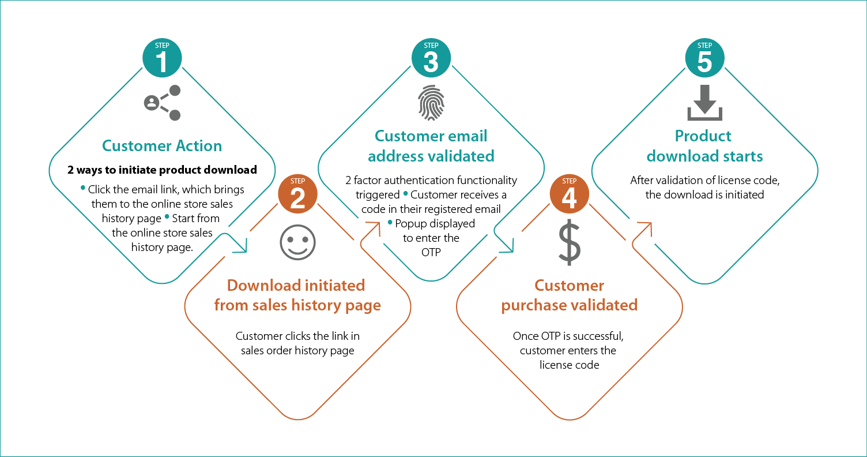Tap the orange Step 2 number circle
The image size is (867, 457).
(x=297, y=196)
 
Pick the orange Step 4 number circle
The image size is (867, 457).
(x=569, y=196)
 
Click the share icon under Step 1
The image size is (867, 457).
(x=162, y=103)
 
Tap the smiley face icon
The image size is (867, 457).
(x=297, y=243)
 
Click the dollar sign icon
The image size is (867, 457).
(x=569, y=242)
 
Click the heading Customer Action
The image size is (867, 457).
(x=162, y=146)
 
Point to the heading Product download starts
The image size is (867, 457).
(x=704, y=146)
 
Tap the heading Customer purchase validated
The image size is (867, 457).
(x=569, y=295)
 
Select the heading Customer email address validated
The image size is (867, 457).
(x=431, y=146)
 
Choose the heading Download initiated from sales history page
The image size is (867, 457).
(x=297, y=295)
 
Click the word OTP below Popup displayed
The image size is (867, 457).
(x=431, y=252)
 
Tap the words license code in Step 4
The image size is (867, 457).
(x=569, y=365)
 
